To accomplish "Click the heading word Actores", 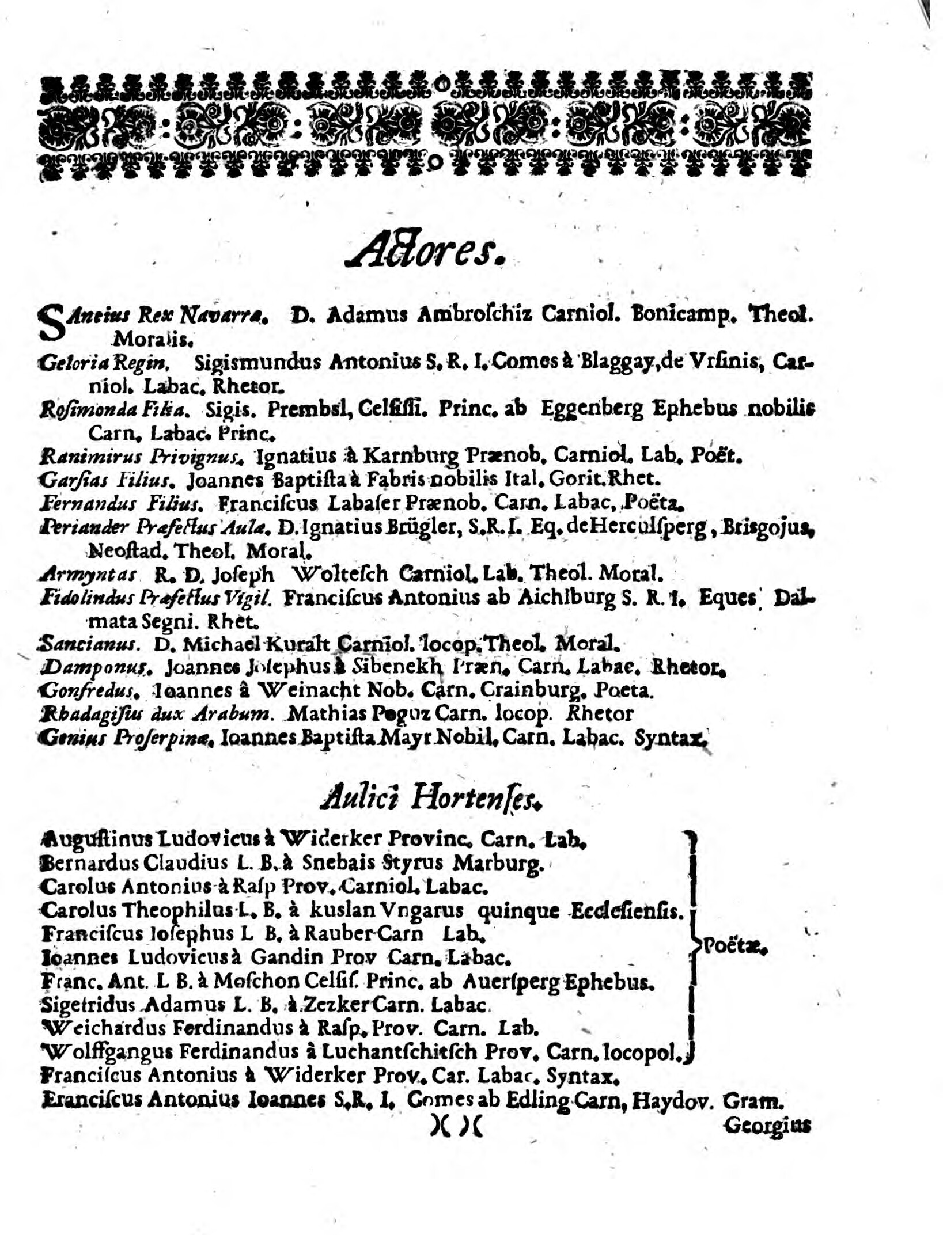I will [x=426, y=248].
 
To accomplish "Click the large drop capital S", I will [x=51, y=321].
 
